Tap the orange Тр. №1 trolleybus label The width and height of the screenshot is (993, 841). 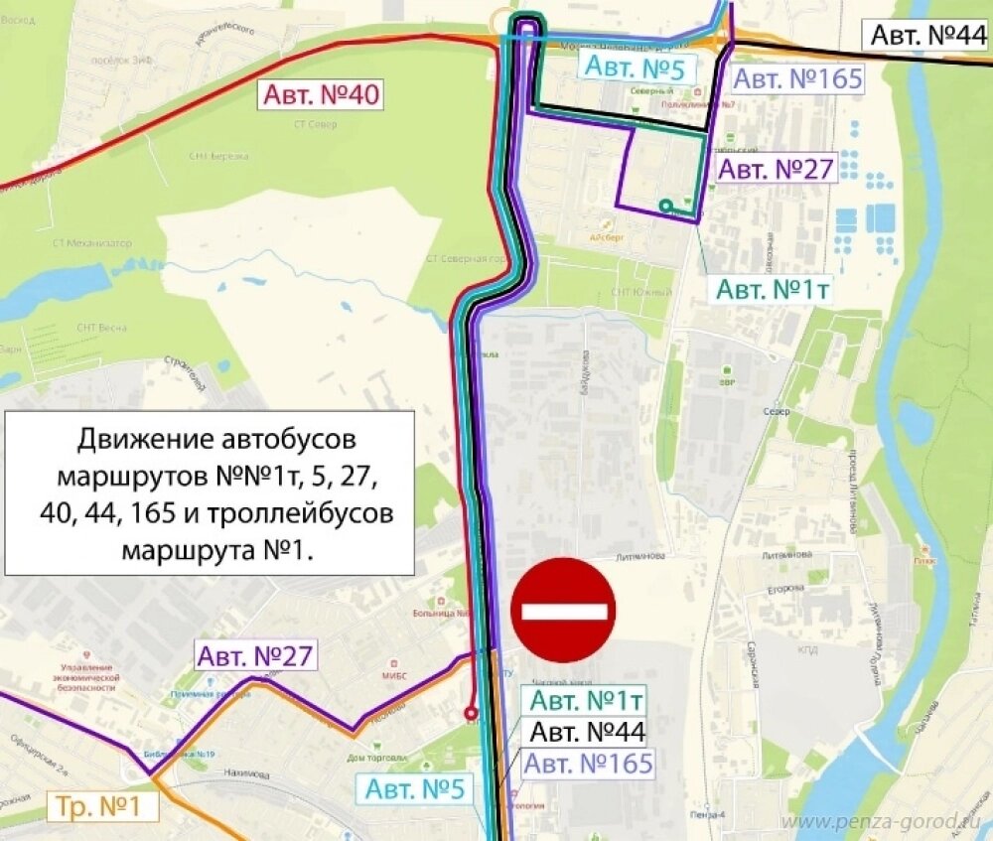coord(102,806)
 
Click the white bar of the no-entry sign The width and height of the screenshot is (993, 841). coord(563,609)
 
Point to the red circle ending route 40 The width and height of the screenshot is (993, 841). coord(471,713)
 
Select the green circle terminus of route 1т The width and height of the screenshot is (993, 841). coord(665,207)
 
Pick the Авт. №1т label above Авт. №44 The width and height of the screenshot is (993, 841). coord(587,700)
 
